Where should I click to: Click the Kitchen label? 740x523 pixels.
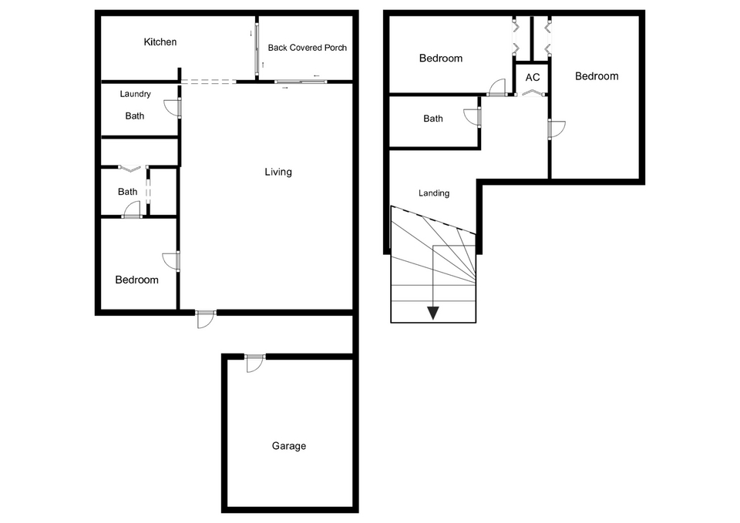pyautogui.click(x=160, y=42)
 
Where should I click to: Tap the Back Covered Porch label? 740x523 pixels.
pyautogui.click(x=308, y=48)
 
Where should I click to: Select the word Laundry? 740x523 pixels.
pyautogui.click(x=135, y=94)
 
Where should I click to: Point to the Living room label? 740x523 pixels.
pyautogui.click(x=278, y=172)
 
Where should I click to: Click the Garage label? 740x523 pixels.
pyautogui.click(x=289, y=446)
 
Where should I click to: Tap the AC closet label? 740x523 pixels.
pyautogui.click(x=533, y=77)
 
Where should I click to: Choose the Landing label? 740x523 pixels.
pyautogui.click(x=434, y=193)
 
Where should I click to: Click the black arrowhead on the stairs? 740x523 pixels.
pyautogui.click(x=432, y=313)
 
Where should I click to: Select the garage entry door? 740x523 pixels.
pyautogui.click(x=255, y=363)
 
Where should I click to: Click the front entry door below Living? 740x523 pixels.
pyautogui.click(x=206, y=320)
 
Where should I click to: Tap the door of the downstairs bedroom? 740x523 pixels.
pyautogui.click(x=171, y=261)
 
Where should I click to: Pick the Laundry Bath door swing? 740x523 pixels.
pyautogui.click(x=173, y=108)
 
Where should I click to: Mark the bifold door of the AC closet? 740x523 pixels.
pyautogui.click(x=531, y=92)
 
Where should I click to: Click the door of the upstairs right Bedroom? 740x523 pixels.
pyautogui.click(x=557, y=129)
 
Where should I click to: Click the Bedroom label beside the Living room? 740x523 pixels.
pyautogui.click(x=137, y=280)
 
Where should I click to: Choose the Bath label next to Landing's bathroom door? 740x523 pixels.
pyautogui.click(x=432, y=119)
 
